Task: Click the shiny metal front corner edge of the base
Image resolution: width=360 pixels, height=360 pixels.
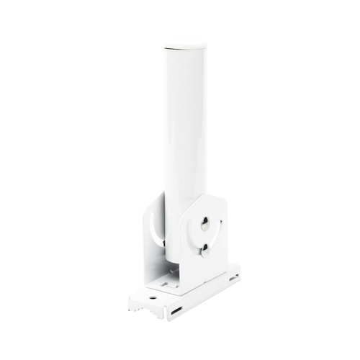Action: (175, 317)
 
